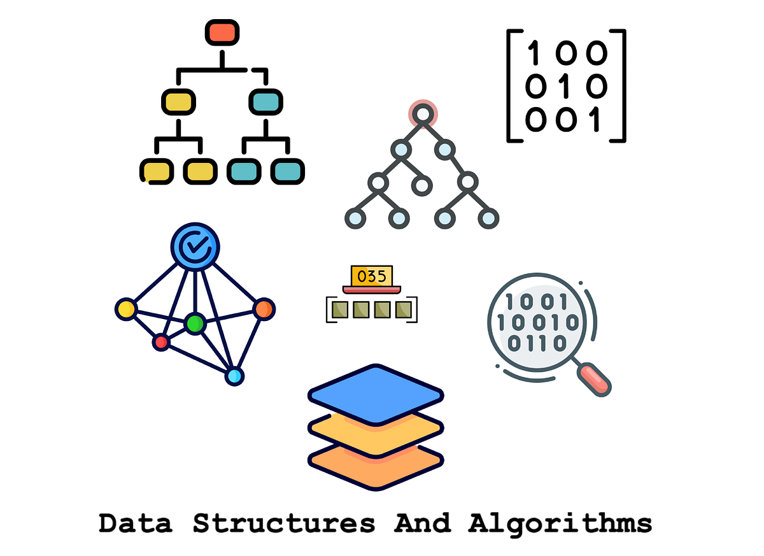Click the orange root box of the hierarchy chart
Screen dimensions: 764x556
[222, 31]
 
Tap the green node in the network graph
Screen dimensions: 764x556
[194, 324]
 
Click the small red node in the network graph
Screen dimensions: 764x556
[161, 343]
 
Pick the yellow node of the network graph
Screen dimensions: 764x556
[126, 310]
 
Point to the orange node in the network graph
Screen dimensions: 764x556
[263, 310]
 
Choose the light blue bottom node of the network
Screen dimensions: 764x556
[234, 376]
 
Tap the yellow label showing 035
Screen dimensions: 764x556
[372, 276]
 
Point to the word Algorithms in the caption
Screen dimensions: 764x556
[560, 524]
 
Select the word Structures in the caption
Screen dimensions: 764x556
[284, 524]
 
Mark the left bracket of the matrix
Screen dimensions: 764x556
[512, 85]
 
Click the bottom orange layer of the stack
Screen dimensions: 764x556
[376, 465]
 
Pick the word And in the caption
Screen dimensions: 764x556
[422, 524]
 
